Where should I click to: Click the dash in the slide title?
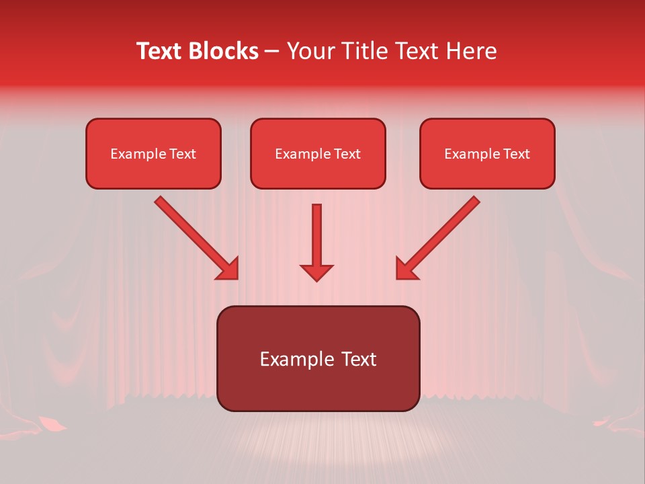272,52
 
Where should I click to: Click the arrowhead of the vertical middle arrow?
316,272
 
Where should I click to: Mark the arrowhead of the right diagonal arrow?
406,268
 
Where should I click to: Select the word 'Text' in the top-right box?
516,154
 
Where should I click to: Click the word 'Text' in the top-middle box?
347,154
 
